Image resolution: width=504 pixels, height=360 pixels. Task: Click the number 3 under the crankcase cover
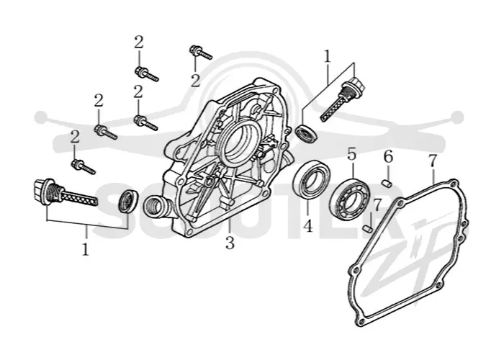click(230, 243)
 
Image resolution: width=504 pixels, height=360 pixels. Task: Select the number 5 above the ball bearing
click(352, 154)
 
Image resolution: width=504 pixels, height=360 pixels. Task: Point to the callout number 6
click(388, 157)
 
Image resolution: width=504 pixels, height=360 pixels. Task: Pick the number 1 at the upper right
click(327, 57)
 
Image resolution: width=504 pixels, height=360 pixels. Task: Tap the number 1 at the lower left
click(85, 249)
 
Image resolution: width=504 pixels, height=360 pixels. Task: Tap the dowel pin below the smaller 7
click(367, 228)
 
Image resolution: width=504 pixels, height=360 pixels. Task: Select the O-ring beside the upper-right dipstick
click(307, 133)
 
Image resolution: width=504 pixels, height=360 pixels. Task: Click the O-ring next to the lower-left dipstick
click(127, 201)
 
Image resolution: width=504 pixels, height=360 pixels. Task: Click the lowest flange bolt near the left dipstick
click(84, 167)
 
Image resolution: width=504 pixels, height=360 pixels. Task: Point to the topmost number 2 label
click(138, 42)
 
